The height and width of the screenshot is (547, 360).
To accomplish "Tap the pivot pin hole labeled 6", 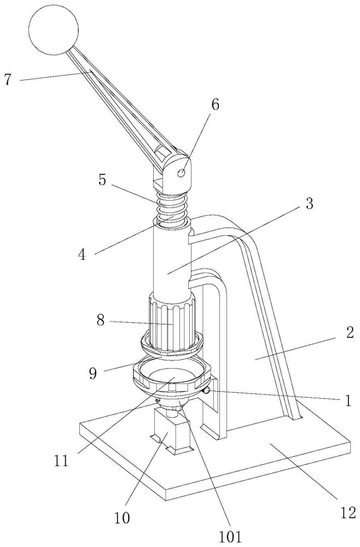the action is [x=182, y=173].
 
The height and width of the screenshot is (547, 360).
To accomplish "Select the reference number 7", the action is [x=8, y=79].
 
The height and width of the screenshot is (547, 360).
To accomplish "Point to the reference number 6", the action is [x=215, y=104].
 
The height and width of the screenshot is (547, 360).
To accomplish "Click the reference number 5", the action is [x=102, y=180].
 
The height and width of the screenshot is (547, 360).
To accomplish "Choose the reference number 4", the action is [x=82, y=255].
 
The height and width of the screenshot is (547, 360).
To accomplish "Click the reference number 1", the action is [x=348, y=400].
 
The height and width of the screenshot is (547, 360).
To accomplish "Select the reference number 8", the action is [x=101, y=320].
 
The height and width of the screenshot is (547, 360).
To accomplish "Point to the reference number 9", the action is [x=93, y=373].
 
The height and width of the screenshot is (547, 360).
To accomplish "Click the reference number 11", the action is [x=61, y=461].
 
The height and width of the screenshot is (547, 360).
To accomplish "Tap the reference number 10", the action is [x=122, y=517].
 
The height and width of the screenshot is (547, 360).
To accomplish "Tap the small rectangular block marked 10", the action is [x=173, y=432].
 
